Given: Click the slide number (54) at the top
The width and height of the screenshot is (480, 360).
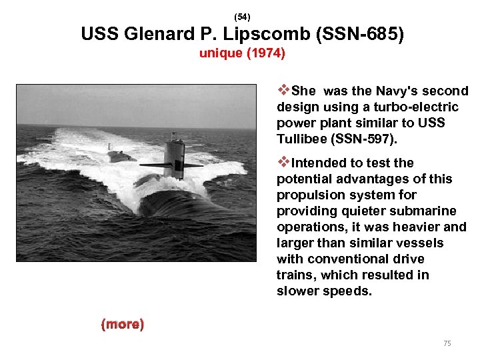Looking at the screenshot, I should pyautogui.click(x=242, y=15).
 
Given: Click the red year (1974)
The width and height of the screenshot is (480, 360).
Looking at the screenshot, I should pyautogui.click(x=266, y=53).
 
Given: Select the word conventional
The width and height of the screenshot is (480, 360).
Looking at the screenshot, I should pyautogui.click(x=351, y=259).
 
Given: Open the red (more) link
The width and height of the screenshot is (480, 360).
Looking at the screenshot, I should pyautogui.click(x=122, y=325).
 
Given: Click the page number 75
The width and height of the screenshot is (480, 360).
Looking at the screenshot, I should pyautogui.click(x=447, y=343).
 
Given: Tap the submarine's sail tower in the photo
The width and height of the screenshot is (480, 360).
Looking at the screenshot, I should pyautogui.click(x=175, y=155).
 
